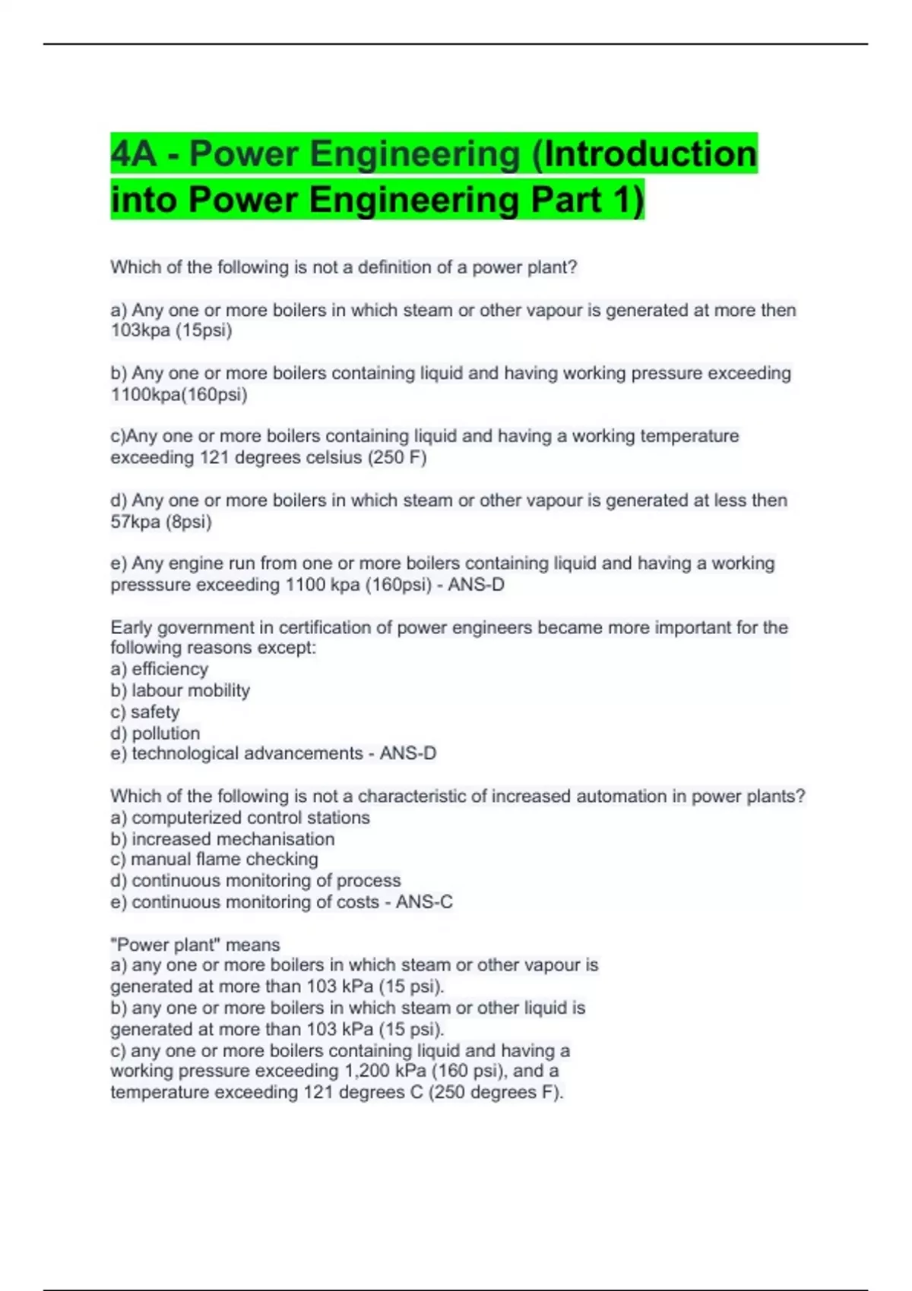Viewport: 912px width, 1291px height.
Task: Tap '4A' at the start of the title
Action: point(134,154)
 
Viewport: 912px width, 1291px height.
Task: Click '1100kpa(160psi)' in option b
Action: point(179,395)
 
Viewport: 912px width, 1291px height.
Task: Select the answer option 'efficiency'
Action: point(169,669)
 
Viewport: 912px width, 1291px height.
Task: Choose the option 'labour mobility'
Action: point(190,690)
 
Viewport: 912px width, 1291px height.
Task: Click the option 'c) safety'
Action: point(145,712)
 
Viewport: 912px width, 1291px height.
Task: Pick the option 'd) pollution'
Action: point(155,734)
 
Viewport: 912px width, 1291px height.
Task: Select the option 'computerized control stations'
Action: point(250,818)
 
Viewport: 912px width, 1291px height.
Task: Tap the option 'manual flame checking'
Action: point(224,860)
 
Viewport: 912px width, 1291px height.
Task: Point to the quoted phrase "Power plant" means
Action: point(195,945)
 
